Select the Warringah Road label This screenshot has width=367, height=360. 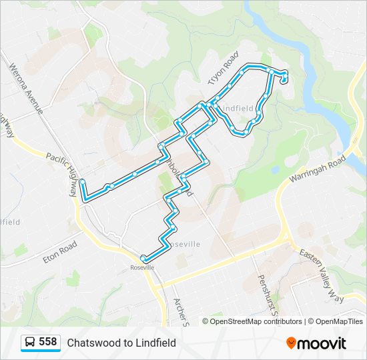point(317,171)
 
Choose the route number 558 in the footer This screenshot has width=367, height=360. point(48,342)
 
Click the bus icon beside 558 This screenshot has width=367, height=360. point(30,343)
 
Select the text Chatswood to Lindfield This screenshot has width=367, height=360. point(121,343)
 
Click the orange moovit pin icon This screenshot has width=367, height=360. point(292,343)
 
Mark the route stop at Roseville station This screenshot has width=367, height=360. point(143,258)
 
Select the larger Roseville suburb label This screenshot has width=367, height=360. point(184,244)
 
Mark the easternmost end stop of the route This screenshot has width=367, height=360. point(285,81)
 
